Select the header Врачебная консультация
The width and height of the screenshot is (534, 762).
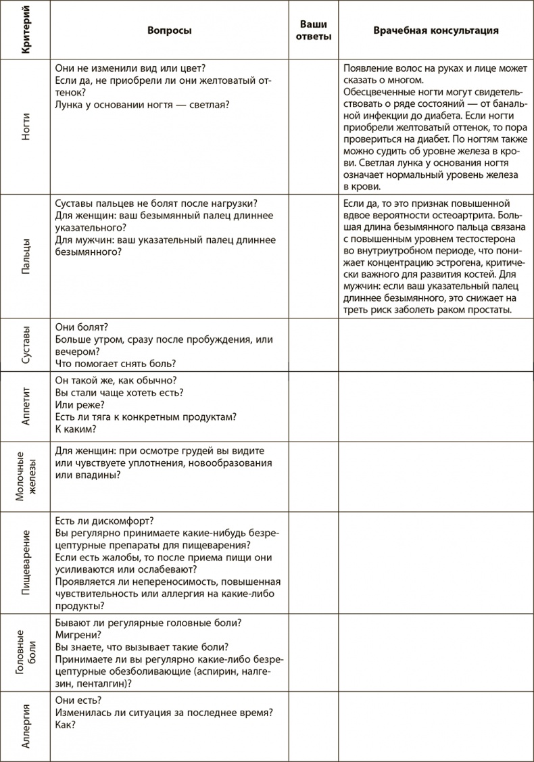click(x=436, y=30)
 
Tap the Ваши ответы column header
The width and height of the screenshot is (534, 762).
click(x=314, y=30)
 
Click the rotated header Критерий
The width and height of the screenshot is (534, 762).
click(x=25, y=32)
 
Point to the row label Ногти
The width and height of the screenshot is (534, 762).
click(x=25, y=126)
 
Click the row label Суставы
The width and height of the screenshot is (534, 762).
click(x=25, y=345)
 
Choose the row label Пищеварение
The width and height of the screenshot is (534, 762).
click(x=25, y=563)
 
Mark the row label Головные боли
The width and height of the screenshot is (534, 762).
click(x=25, y=652)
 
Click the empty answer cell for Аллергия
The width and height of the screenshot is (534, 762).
click(x=314, y=725)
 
